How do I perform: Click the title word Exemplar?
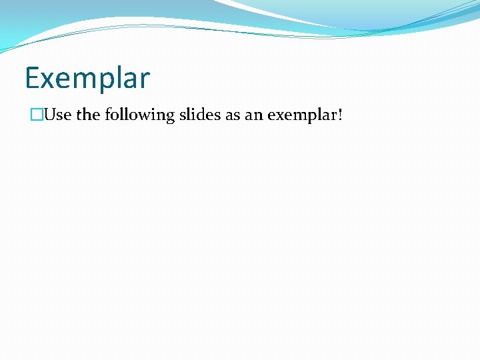87,78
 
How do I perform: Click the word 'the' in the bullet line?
87,115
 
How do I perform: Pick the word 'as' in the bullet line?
233,115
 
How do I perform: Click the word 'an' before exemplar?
254,115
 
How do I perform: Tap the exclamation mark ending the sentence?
341,115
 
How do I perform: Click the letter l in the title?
122,77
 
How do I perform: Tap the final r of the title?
146,80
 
